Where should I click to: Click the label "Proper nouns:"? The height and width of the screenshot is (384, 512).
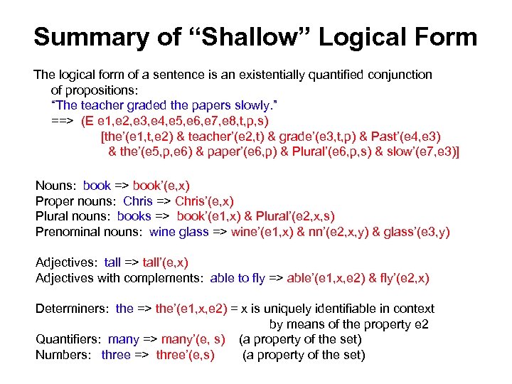pyautogui.click(x=77, y=201)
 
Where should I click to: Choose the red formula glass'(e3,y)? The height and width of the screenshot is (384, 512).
pyautogui.click(x=416, y=232)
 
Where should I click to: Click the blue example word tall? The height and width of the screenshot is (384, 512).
pyautogui.click(x=112, y=263)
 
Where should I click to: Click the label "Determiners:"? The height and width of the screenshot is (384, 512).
pyautogui.click(x=73, y=309)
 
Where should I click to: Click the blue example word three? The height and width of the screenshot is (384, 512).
pyautogui.click(x=115, y=354)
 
